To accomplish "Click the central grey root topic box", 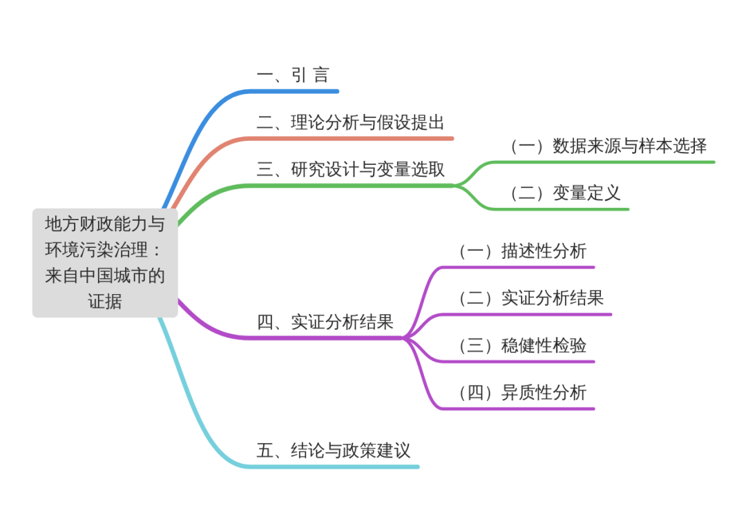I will [105, 262].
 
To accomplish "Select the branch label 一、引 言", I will [293, 75].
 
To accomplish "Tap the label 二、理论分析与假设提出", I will [350, 123].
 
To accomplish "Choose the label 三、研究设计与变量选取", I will [350, 169].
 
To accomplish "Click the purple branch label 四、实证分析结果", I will [325, 322].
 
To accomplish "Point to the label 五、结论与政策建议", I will [333, 451].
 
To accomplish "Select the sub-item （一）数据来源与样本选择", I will [607, 146].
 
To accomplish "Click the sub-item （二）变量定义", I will [564, 193].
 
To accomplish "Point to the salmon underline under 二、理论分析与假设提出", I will [359, 139].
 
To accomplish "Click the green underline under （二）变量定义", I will [566, 208].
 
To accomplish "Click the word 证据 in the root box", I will [105, 302].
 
